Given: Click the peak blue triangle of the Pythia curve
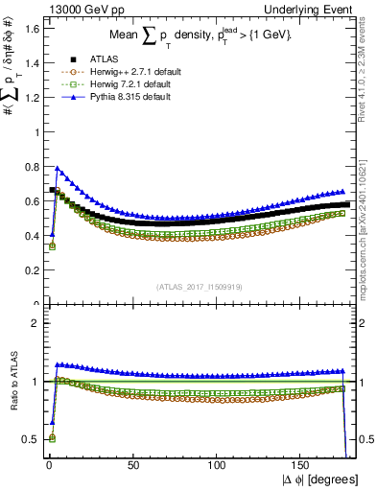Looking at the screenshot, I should click(x=57, y=169).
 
